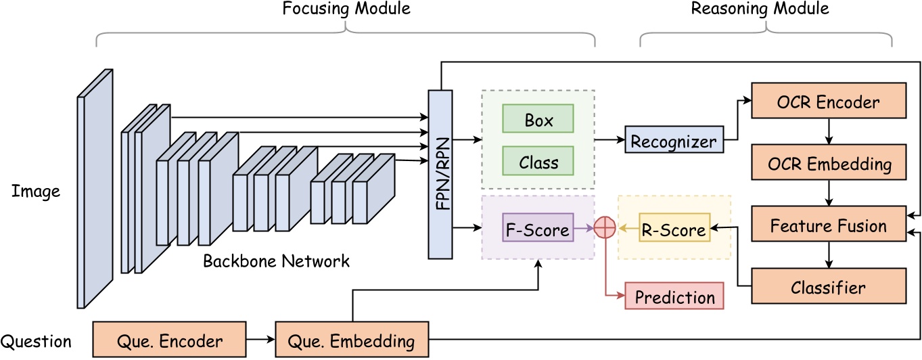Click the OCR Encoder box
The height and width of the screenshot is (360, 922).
[829, 102]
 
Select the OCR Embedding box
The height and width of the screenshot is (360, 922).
[829, 164]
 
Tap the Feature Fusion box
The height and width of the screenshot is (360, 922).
[829, 225]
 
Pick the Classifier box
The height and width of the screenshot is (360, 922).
[829, 288]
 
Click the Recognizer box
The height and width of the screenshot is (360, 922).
[673, 141]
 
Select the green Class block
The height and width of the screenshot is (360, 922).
[538, 162]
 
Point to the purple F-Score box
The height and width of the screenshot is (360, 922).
[538, 229]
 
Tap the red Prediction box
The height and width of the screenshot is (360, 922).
[674, 296]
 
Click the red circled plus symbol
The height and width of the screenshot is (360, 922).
[605, 229]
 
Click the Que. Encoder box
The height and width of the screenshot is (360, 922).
[169, 340]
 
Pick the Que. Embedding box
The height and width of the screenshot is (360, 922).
[352, 340]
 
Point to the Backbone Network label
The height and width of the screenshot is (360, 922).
[277, 261]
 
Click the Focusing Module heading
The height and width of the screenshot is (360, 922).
[346, 9]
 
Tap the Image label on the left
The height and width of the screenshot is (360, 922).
[36, 192]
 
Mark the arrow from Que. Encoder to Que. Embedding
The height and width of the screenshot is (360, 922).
[260, 340]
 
